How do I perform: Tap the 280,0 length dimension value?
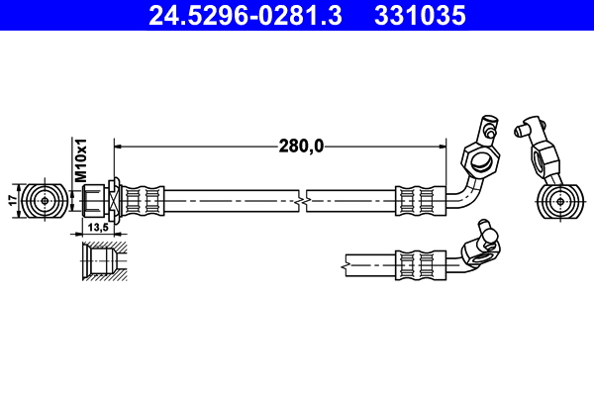pyautogui.click(x=301, y=146)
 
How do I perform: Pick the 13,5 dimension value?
pyautogui.click(x=99, y=227)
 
